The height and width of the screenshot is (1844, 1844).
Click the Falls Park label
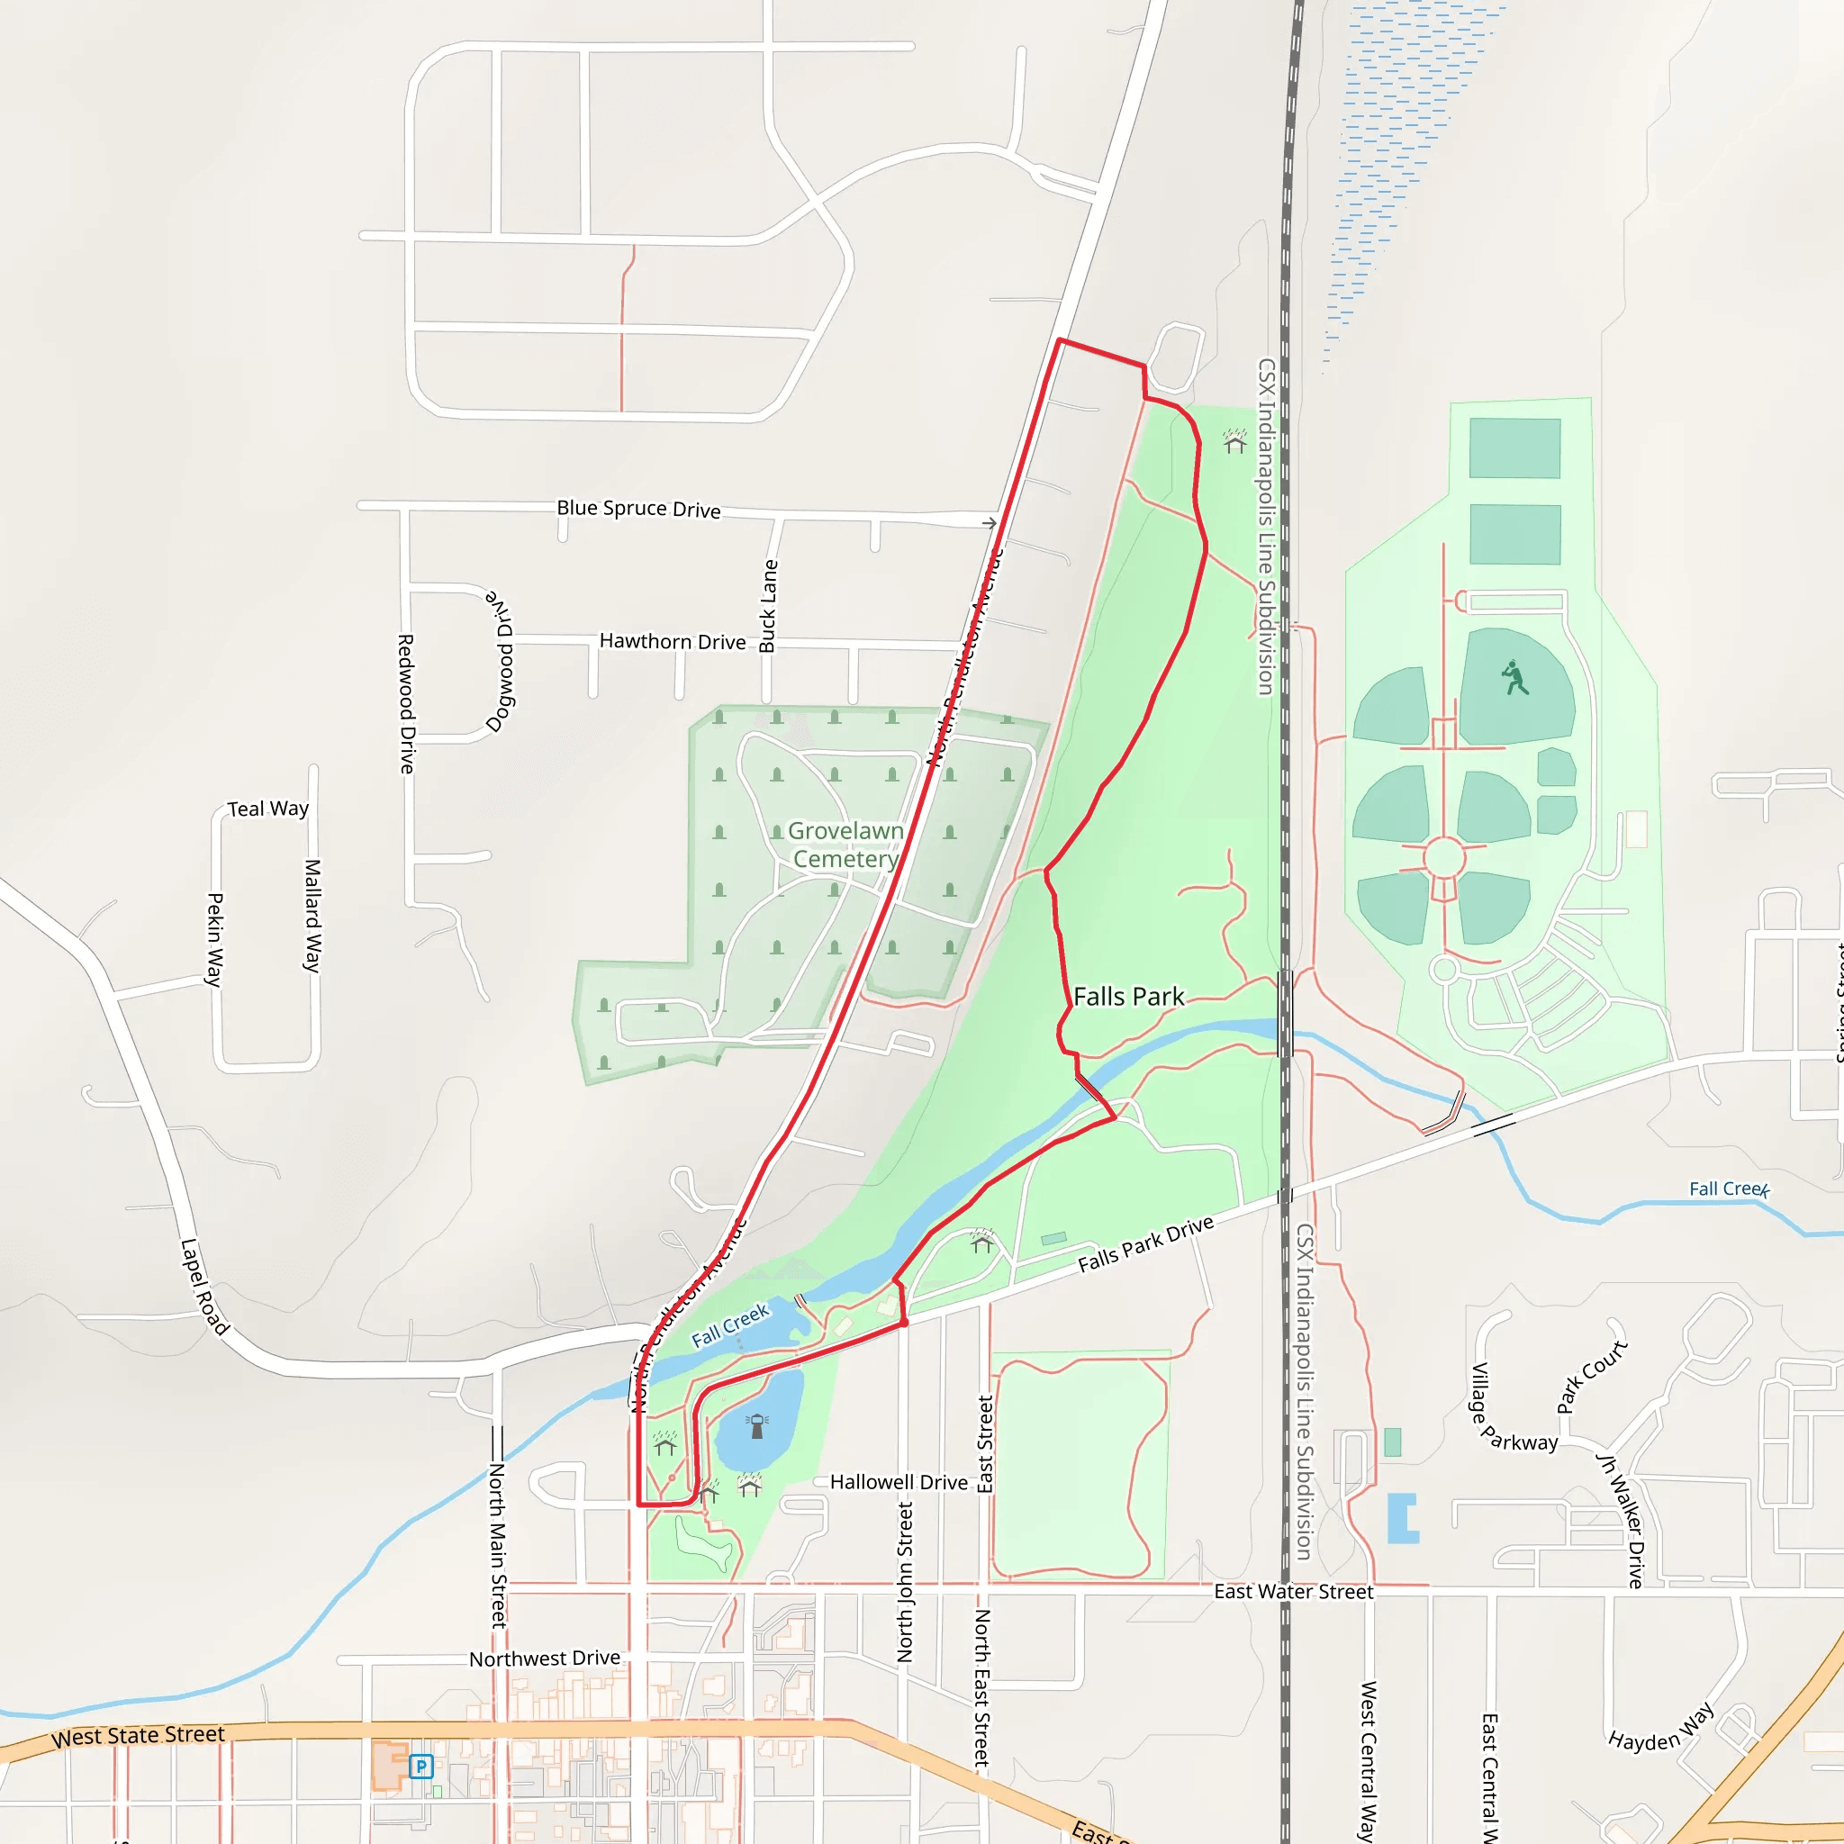pos(1128,997)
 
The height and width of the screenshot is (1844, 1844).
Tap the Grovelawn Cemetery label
pos(845,845)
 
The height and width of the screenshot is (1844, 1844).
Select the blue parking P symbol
pos(420,1766)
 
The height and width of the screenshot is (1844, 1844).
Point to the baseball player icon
pos(1514,678)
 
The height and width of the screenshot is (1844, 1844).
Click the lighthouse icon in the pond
pos(758,1426)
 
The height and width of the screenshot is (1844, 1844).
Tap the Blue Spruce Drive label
pos(638,509)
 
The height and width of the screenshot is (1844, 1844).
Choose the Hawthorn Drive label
pos(672,641)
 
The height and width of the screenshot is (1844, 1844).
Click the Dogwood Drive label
pos(502,661)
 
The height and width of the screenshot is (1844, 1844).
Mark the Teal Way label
pos(268,809)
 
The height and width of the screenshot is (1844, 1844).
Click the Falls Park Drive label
pos(1145,1243)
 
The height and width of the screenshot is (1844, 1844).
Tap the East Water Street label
pos(1293,1591)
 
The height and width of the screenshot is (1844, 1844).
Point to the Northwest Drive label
pos(544,1659)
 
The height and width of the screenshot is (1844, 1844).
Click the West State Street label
pos(139,1735)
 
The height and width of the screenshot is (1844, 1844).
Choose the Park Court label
pos(1591,1376)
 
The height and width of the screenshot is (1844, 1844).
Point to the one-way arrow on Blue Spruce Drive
pos(990,523)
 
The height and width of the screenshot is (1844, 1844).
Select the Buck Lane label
pos(768,605)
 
